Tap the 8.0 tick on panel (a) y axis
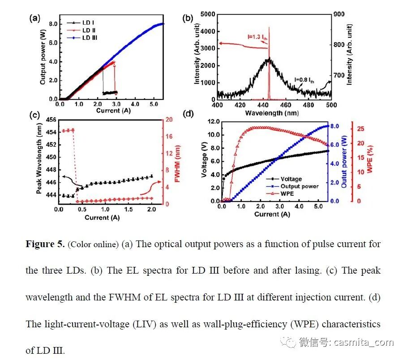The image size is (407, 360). pos(52,24)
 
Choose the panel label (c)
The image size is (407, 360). pos(34,115)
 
